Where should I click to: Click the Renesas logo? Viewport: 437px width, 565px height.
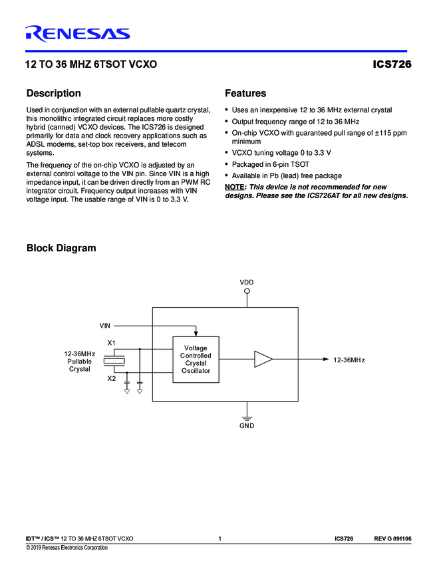point(77,34)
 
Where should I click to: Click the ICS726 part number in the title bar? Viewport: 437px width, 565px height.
point(392,65)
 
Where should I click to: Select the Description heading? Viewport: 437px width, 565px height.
point(53,94)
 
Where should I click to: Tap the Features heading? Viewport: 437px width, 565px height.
point(245,94)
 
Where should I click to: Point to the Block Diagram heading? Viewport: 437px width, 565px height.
point(61,249)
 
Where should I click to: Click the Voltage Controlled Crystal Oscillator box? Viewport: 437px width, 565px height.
point(196,359)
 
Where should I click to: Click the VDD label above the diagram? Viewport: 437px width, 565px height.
point(247,282)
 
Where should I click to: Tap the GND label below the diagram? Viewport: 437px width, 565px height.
point(247,426)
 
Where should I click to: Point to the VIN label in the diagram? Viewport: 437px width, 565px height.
point(105,326)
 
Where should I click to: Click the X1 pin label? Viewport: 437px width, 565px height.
point(112,342)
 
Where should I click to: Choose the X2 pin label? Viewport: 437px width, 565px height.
point(112,378)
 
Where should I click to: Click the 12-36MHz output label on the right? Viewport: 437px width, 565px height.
point(349,360)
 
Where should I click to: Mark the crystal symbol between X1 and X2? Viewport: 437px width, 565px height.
point(117,360)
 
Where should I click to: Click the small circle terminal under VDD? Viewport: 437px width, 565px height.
point(247,291)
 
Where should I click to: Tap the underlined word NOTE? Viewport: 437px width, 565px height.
point(235,187)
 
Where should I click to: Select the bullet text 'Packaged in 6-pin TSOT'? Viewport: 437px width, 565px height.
point(271,164)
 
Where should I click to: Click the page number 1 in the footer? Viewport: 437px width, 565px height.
point(219,538)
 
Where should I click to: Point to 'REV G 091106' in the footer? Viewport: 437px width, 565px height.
point(392,538)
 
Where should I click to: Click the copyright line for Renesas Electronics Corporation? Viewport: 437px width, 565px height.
point(67,548)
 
